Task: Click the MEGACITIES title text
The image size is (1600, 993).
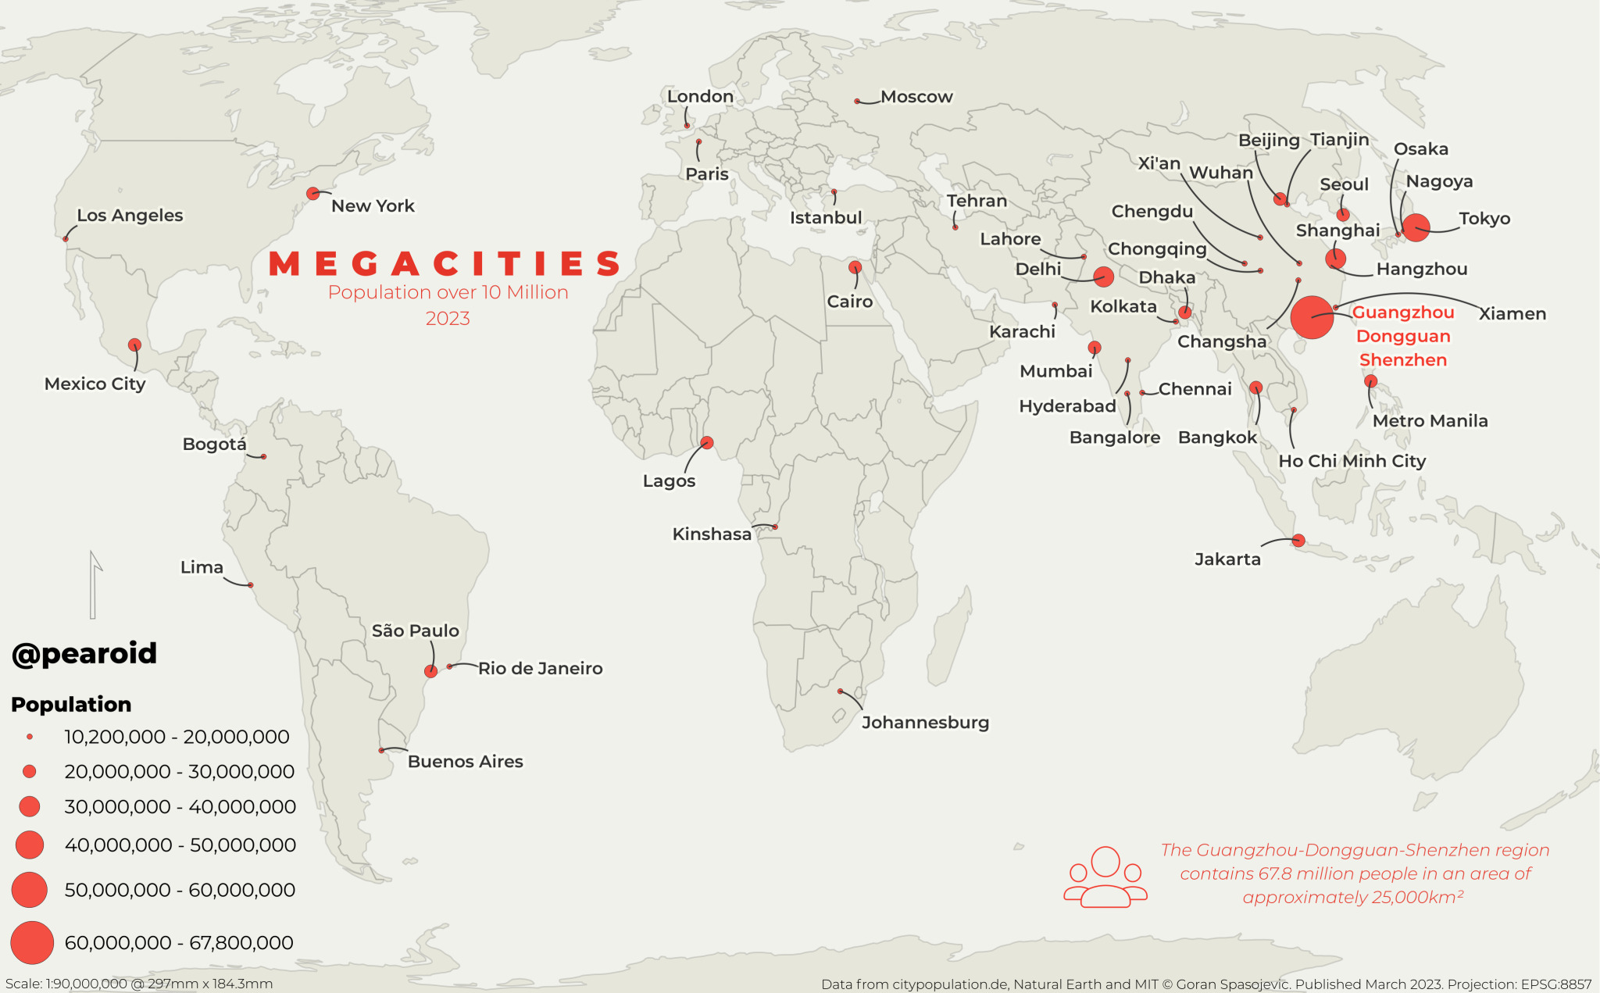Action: coord(445,264)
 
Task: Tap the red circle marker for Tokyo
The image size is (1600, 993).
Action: coord(1416,227)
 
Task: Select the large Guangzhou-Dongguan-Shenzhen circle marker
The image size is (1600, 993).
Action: coord(1312,317)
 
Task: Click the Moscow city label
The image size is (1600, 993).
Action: coord(916,97)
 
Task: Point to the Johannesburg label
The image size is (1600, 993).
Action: coord(925,722)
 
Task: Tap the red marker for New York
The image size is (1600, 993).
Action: coord(313,193)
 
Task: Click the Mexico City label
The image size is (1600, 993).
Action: coord(95,384)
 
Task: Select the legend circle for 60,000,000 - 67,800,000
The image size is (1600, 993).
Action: coord(31,942)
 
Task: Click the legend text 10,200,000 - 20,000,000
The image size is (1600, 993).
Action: coord(177,737)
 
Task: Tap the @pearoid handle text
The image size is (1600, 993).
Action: coord(84,653)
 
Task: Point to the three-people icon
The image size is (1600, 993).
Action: coord(1105,877)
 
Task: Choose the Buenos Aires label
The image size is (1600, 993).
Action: coord(465,761)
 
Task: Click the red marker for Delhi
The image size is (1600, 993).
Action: coord(1103,276)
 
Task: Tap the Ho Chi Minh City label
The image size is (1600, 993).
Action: coord(1352,461)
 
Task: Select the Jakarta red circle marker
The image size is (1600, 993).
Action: coord(1298,540)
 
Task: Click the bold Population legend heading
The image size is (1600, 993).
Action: coord(71,704)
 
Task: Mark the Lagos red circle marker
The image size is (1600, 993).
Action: coord(707,442)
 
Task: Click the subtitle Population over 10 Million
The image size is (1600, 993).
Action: coord(448,292)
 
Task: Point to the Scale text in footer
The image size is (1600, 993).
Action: coord(139,984)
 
